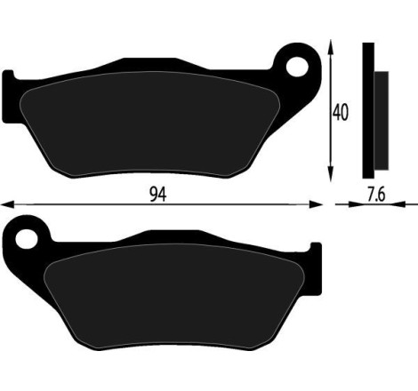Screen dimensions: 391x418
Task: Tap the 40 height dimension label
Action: (339, 113)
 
